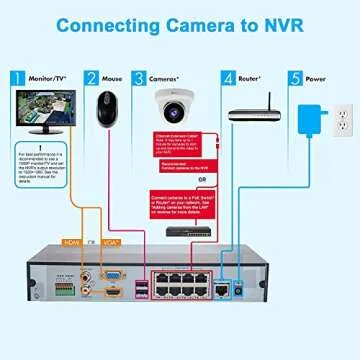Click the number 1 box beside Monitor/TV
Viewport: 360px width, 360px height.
coord(15,77)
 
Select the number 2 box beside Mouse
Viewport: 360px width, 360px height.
coord(91,77)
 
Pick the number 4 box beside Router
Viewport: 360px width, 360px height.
coord(228,77)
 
